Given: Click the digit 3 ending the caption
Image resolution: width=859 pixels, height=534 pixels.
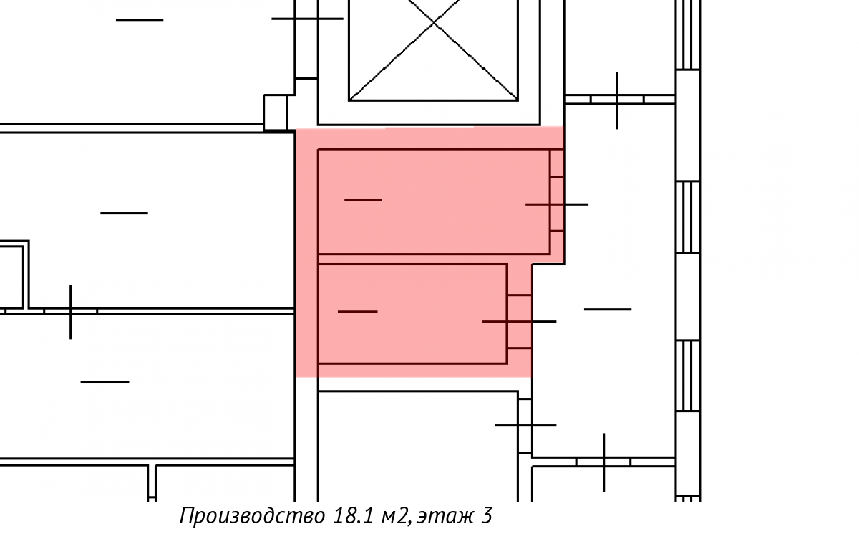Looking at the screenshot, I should click(x=487, y=516).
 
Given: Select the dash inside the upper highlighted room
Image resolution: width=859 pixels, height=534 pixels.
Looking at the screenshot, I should click(x=363, y=199).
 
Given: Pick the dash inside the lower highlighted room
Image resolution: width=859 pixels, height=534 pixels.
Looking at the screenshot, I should click(x=357, y=311).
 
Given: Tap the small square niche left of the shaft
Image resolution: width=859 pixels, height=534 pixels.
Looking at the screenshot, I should click(x=276, y=112).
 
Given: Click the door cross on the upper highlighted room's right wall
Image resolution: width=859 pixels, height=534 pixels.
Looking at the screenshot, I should click(x=557, y=204).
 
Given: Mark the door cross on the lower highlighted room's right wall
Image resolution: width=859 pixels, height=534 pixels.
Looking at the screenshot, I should click(x=520, y=321).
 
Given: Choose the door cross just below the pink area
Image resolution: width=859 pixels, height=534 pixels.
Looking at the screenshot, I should click(x=525, y=425).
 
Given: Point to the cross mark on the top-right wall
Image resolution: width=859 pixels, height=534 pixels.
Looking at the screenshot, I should click(x=617, y=100).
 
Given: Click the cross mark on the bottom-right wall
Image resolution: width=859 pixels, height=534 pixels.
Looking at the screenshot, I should click(x=604, y=462).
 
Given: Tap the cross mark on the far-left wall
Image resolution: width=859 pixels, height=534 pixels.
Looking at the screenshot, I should click(x=70, y=312).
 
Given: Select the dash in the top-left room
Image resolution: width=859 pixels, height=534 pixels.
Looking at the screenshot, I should click(x=140, y=19).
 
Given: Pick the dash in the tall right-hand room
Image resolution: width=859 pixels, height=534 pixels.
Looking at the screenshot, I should click(x=608, y=309).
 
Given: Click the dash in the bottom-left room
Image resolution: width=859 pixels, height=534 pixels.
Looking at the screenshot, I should click(x=105, y=382).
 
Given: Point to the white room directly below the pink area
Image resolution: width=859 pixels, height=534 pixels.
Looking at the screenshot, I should click(x=417, y=444).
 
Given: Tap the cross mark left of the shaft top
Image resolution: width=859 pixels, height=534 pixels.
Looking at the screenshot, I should click(x=306, y=19).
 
